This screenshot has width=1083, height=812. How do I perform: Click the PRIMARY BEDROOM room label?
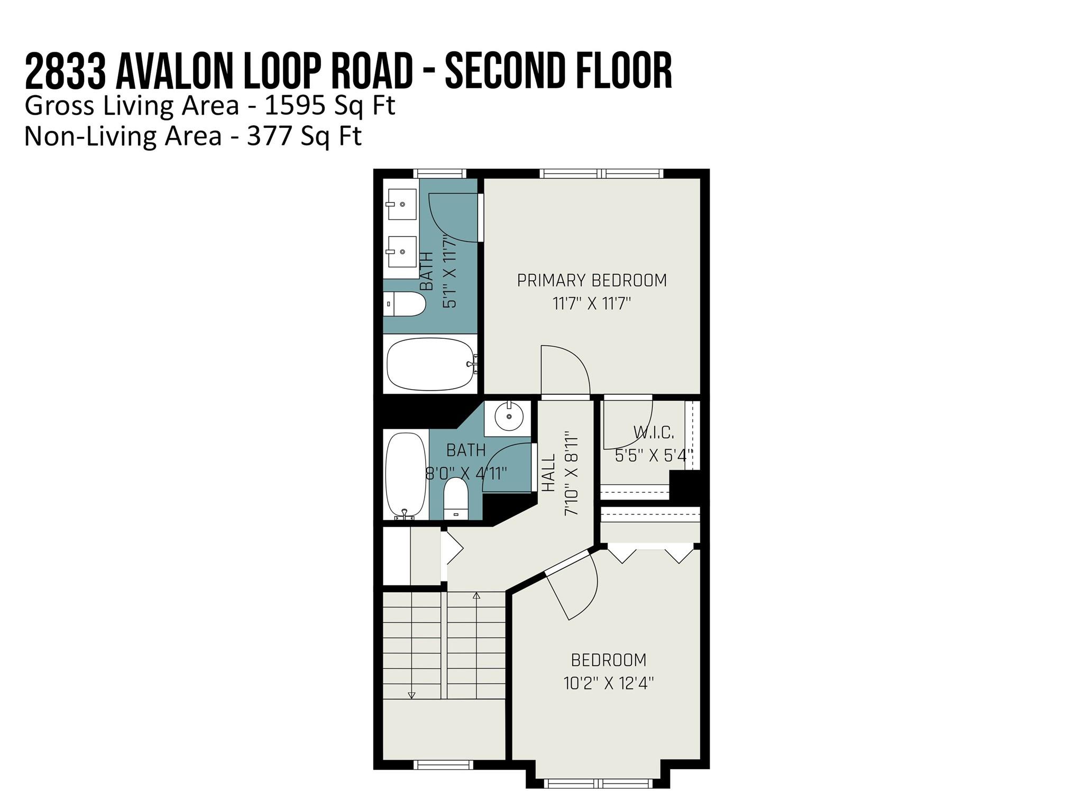click(x=592, y=280)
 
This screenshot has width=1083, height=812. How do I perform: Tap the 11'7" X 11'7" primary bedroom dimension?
click(x=592, y=304)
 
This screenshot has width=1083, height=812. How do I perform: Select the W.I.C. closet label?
click(x=654, y=433)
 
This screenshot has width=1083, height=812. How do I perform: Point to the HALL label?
click(x=549, y=473)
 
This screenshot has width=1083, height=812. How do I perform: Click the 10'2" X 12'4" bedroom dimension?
click(x=609, y=684)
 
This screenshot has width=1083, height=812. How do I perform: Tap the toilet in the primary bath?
click(x=405, y=304)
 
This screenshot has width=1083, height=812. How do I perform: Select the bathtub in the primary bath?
click(x=431, y=364)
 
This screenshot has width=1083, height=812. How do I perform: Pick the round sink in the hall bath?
click(x=509, y=417)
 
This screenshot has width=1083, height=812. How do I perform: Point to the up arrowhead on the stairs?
click(x=476, y=596)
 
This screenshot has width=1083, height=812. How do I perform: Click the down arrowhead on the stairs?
click(x=412, y=695)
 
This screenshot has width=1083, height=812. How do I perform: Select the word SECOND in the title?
click(x=506, y=70)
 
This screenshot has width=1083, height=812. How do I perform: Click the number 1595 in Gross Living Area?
click(x=295, y=106)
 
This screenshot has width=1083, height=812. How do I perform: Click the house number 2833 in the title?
click(x=65, y=70)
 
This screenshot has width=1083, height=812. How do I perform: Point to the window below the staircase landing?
click(x=443, y=764)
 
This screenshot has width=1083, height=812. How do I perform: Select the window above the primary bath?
click(x=439, y=173)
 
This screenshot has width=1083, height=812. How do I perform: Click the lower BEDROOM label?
click(x=609, y=660)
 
